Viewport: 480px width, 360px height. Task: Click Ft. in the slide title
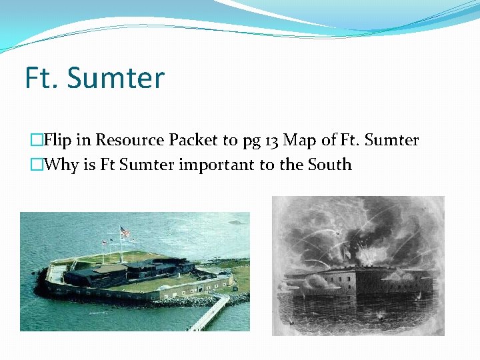tap(43, 78)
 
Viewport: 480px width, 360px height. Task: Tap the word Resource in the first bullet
tap(129, 140)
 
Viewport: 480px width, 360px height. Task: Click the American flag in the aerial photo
tap(125, 233)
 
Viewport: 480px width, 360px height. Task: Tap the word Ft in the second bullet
tap(109, 165)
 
